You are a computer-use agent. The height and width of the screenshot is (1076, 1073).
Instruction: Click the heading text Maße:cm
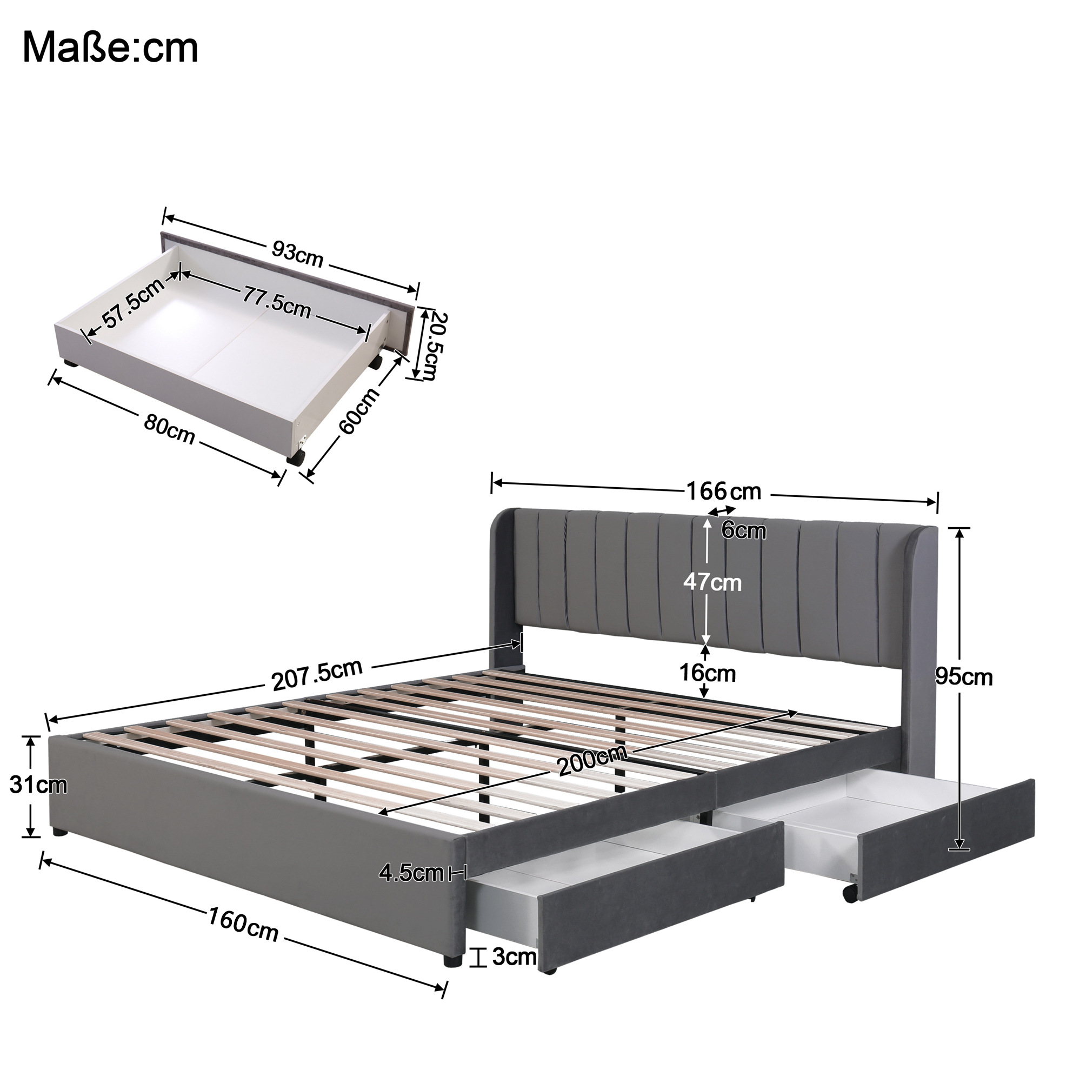(110, 49)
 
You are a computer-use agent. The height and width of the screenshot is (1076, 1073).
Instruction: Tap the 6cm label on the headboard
(743, 530)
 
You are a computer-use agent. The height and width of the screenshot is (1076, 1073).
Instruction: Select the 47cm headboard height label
(712, 582)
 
